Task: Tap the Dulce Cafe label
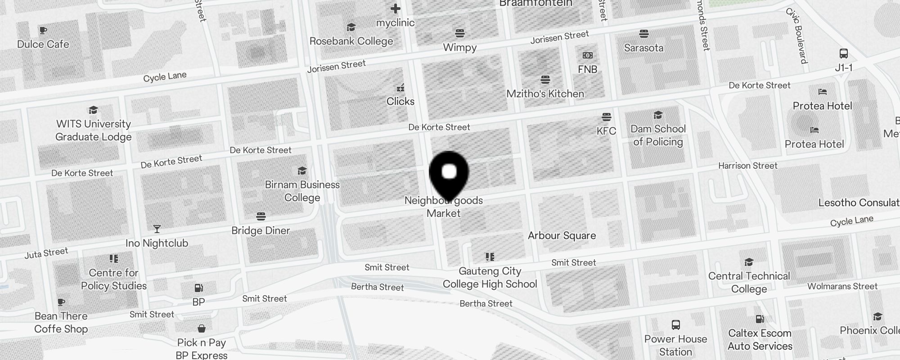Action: [x=43, y=44]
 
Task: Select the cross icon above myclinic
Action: [x=396, y=9]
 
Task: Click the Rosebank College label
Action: [x=351, y=41]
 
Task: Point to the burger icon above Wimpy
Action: [x=459, y=33]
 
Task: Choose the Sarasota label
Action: [x=643, y=48]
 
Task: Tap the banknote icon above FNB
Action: [x=587, y=55]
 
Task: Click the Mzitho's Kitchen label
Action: [x=545, y=94]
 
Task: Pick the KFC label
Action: [x=606, y=131]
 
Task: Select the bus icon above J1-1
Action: [x=844, y=54]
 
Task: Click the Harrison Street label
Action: [x=747, y=166]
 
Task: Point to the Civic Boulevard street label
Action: [x=797, y=36]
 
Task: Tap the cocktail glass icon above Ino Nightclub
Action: [x=157, y=229]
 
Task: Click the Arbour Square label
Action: [x=562, y=235]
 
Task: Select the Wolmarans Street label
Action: [x=842, y=286]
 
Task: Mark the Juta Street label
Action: [x=46, y=253]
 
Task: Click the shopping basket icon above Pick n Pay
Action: [x=202, y=328]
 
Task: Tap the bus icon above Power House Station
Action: [x=675, y=325]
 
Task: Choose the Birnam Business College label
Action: [x=302, y=191]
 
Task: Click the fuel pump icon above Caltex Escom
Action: [x=760, y=319]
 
